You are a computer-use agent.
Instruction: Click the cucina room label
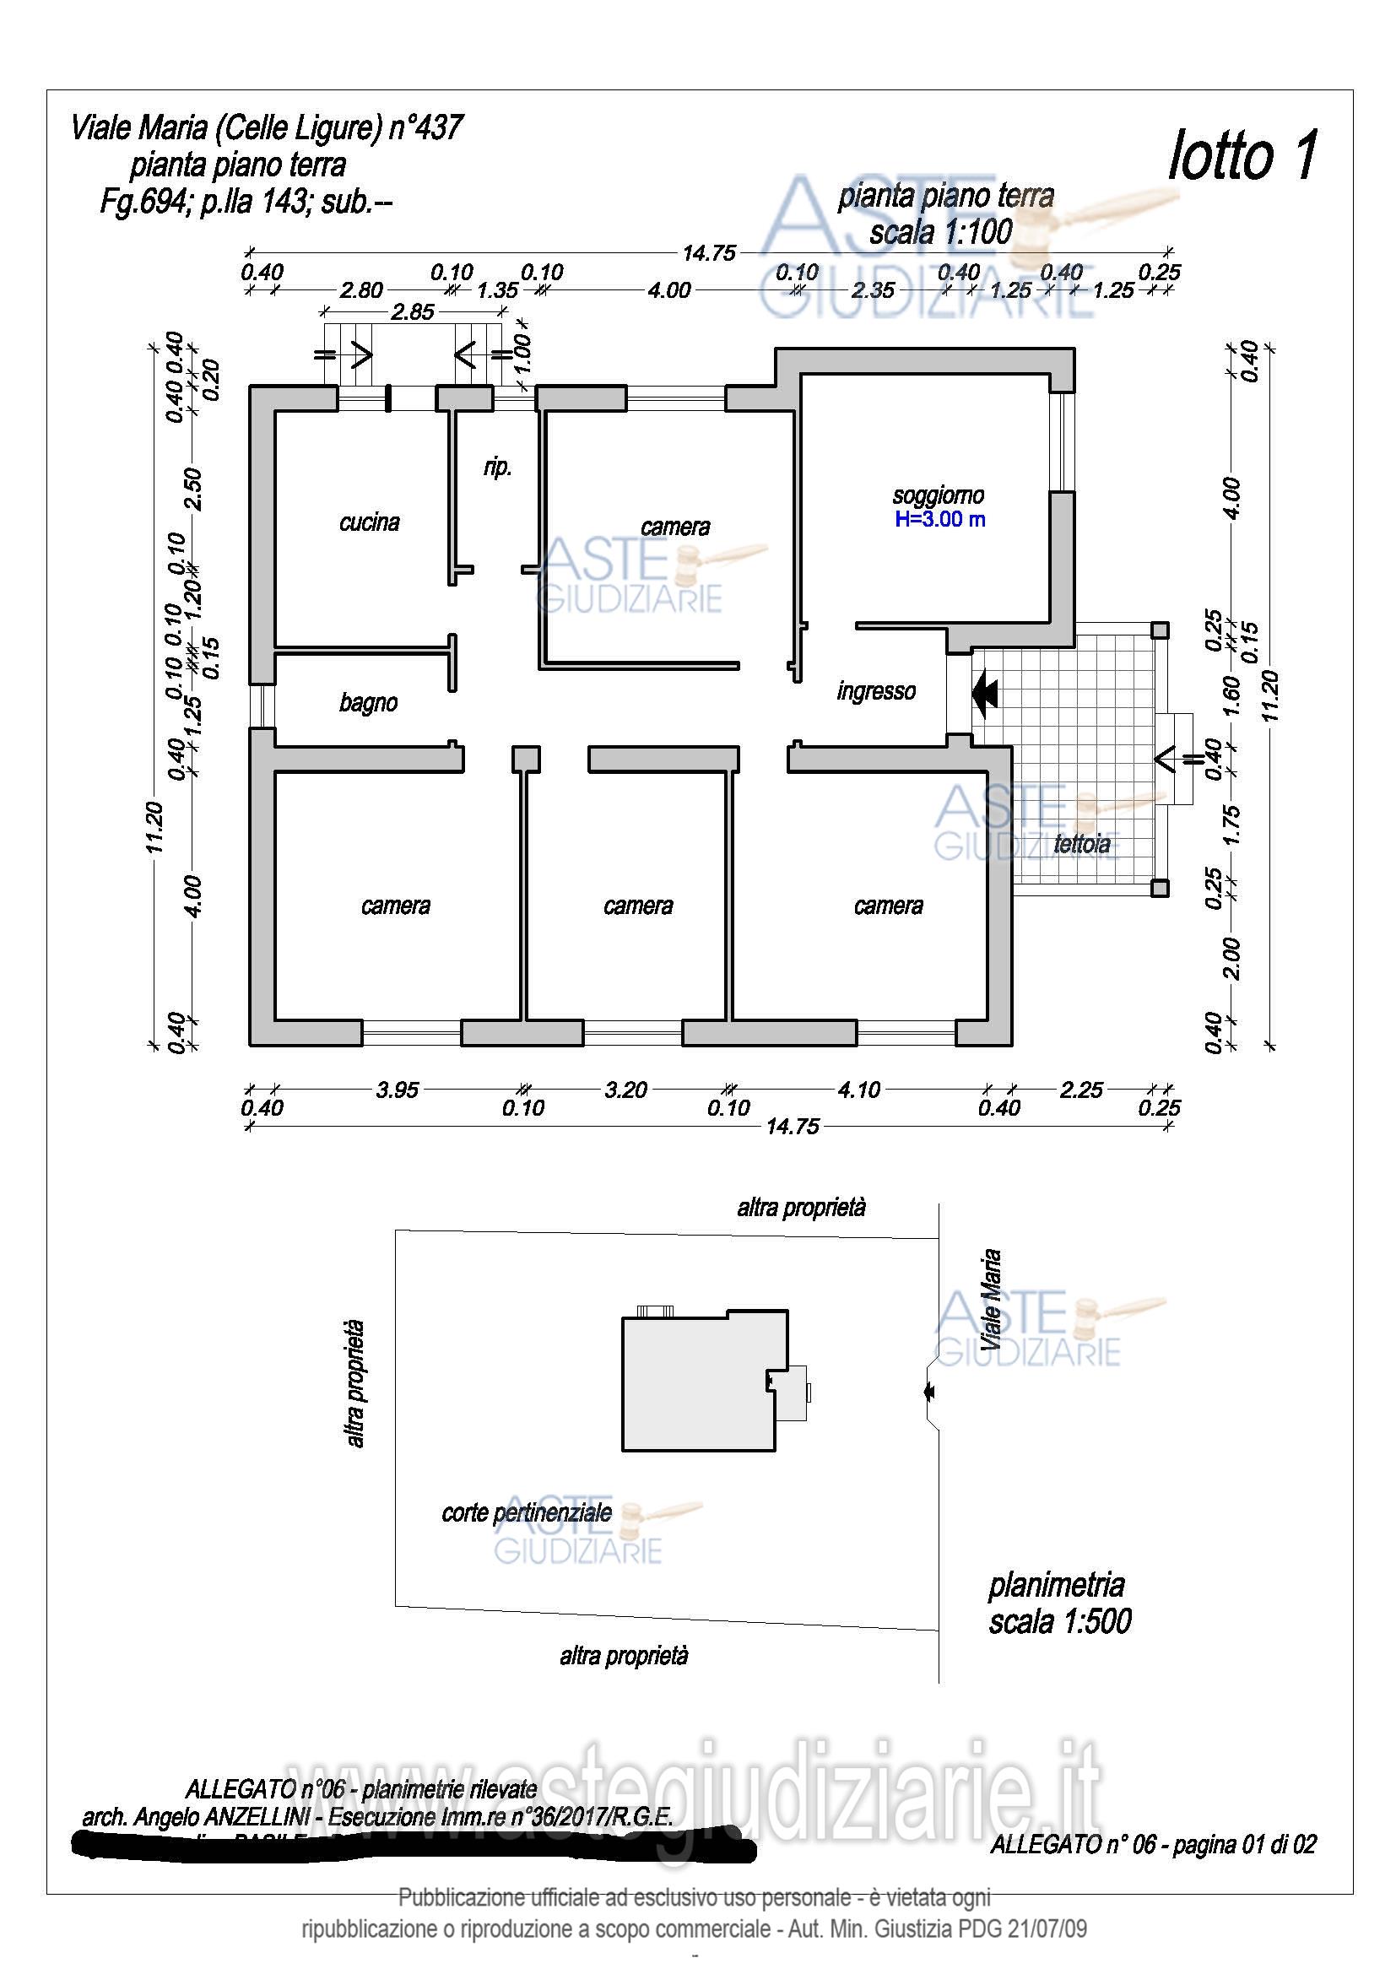[x=369, y=522]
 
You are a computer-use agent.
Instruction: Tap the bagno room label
[x=368, y=703]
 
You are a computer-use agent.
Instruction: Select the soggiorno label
[x=938, y=495]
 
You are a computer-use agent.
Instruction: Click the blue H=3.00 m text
[x=939, y=519]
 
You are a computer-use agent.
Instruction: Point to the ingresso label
[x=876, y=691]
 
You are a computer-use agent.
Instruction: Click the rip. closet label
[x=498, y=467]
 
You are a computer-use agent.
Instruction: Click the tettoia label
[x=1081, y=844]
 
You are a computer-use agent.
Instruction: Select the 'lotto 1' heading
[x=1242, y=155]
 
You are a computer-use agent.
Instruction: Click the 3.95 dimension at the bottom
[x=398, y=1090]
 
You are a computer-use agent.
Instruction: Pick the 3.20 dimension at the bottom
[x=625, y=1090]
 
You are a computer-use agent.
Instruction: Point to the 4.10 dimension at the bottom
[x=858, y=1090]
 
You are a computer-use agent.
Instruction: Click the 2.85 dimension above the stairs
[x=413, y=311]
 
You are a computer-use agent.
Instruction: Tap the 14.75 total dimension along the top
[x=709, y=253]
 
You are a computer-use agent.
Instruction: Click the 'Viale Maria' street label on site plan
[x=991, y=1299]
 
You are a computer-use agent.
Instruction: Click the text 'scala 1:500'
[x=1060, y=1621]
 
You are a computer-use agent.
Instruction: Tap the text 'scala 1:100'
[x=940, y=232]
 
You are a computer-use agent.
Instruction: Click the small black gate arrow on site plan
[x=928, y=1391]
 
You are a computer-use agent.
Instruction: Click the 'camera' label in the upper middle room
[x=675, y=527]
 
